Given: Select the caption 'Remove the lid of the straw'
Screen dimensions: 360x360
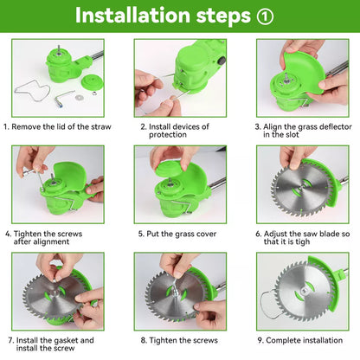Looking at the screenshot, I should tap(58, 126).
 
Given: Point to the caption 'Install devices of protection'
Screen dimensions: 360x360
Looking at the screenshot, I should tap(180, 131).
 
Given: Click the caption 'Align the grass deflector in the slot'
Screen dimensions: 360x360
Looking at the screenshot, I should tap(302, 131).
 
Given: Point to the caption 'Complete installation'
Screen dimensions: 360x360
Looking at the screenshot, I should tap(299, 340).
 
